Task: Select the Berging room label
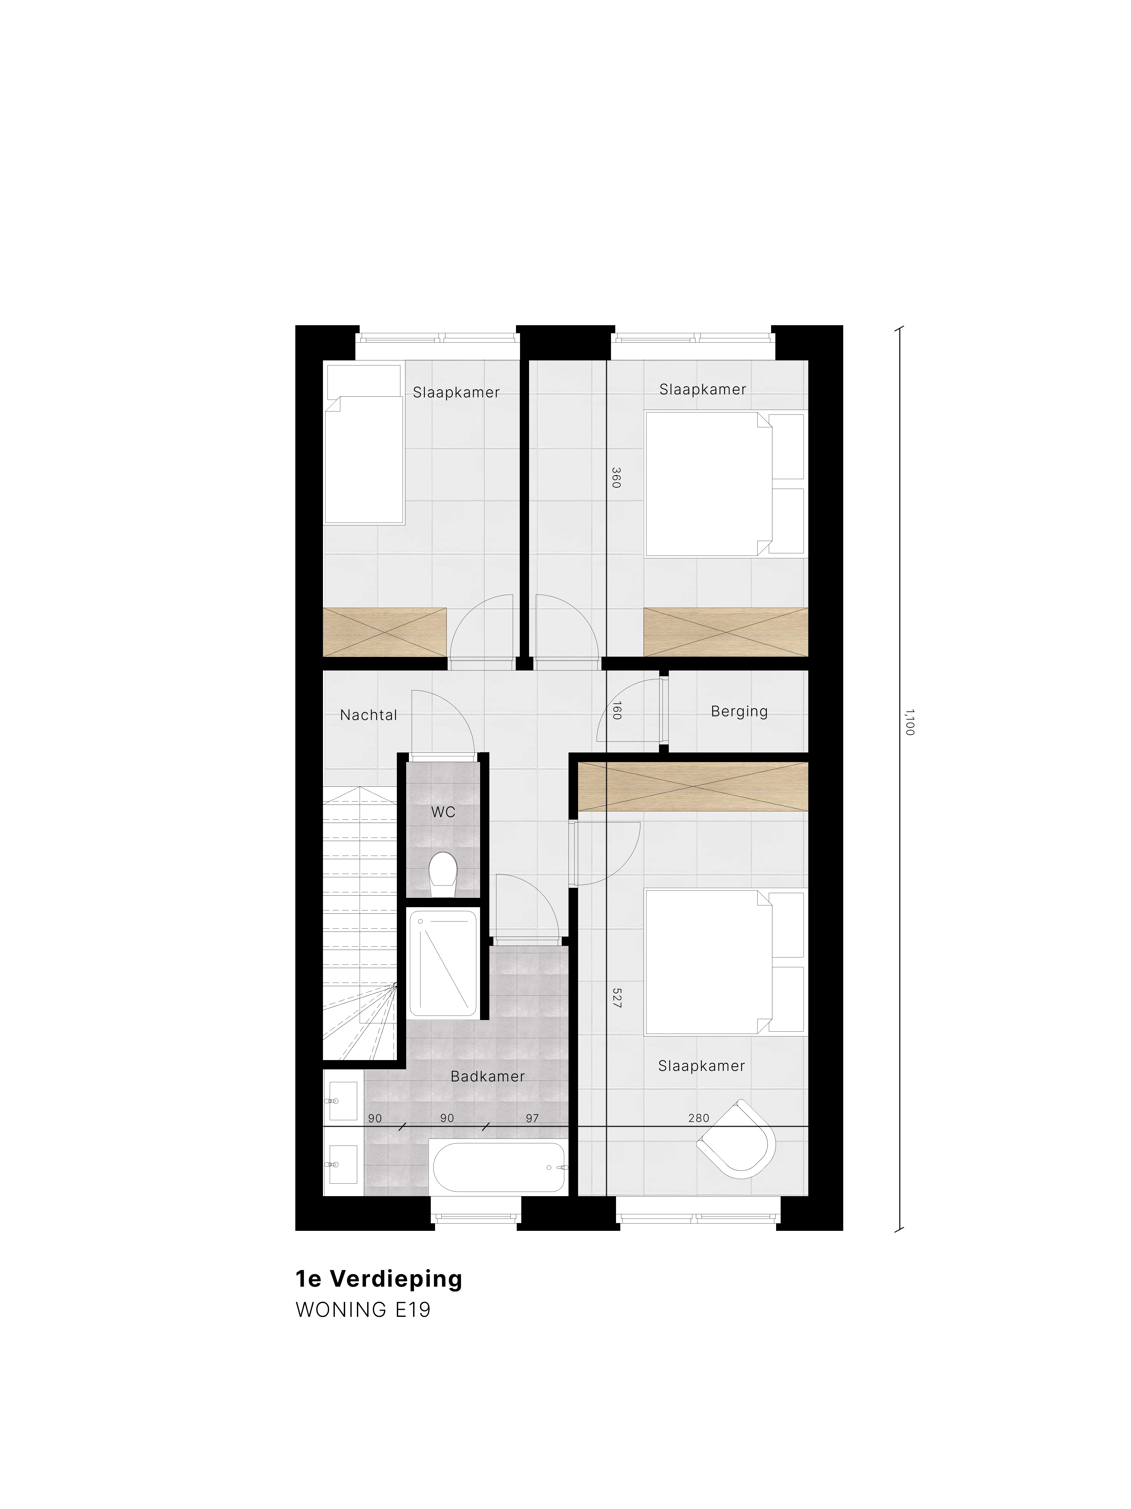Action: (739, 711)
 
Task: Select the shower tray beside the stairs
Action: (443, 963)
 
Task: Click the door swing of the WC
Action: (443, 722)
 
